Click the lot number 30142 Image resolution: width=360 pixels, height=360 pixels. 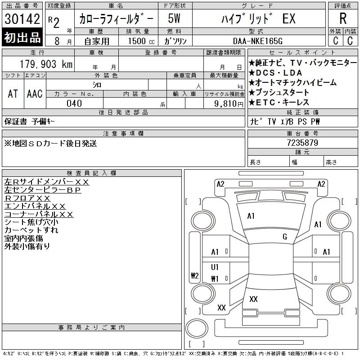[x=22, y=19]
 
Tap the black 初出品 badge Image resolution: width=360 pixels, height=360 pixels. [x=22, y=37]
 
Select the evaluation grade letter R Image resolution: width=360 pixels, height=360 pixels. [x=343, y=19]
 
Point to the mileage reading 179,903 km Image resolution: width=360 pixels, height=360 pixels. [x=45, y=64]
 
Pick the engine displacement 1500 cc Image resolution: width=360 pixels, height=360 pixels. [x=140, y=41]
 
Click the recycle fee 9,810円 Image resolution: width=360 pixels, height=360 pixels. [x=224, y=103]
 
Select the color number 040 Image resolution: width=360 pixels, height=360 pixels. [x=74, y=103]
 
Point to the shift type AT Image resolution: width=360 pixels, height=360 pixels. [x=13, y=94]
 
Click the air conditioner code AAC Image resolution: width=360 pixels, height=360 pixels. [x=35, y=94]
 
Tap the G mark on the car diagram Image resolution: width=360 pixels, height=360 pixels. [x=285, y=237]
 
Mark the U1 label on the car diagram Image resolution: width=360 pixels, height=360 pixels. [x=215, y=267]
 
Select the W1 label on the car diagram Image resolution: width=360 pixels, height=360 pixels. [x=215, y=279]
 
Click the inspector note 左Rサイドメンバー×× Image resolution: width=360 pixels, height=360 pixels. [x=47, y=182]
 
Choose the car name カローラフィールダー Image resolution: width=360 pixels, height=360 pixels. [x=117, y=19]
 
